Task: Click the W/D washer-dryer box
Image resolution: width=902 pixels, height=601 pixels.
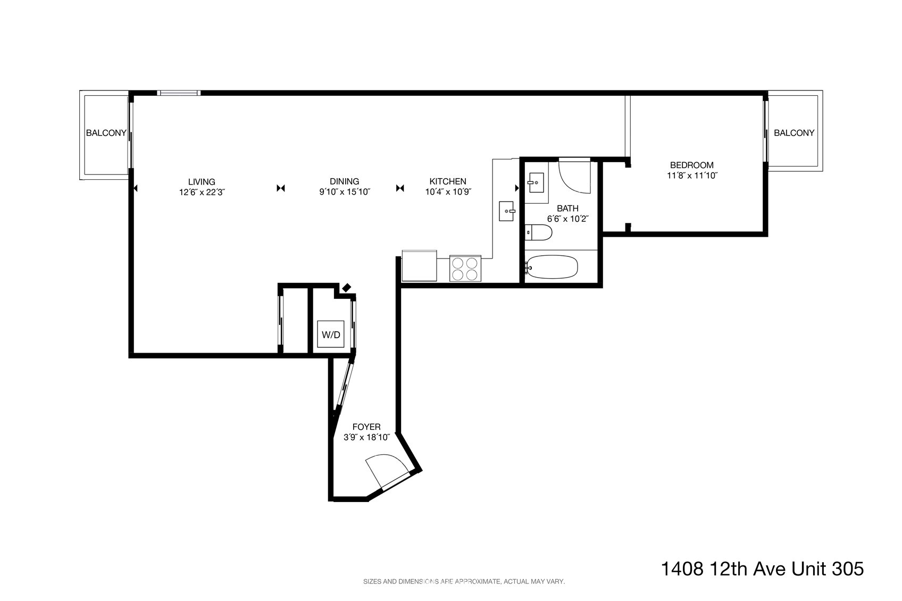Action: click(x=331, y=334)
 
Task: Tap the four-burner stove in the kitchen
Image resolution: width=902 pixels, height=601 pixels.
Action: click(x=465, y=268)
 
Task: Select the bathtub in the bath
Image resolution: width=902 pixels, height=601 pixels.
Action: click(x=552, y=266)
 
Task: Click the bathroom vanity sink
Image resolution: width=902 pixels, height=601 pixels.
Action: click(x=536, y=183)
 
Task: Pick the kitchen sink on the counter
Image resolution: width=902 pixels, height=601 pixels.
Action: click(x=507, y=211)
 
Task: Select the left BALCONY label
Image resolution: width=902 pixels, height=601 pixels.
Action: click(x=106, y=133)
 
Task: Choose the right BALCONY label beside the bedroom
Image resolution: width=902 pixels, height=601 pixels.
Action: click(x=794, y=133)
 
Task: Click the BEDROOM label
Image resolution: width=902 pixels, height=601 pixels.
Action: click(x=692, y=165)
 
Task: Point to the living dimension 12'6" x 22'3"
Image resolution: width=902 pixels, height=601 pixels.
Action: click(x=202, y=192)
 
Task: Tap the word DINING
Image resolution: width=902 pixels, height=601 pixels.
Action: click(x=344, y=181)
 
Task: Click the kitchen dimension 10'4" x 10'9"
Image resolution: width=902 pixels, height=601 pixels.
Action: click(x=448, y=192)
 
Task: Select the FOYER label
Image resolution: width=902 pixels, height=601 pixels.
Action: click(x=366, y=427)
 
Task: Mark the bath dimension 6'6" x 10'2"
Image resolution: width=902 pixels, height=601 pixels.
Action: click(x=568, y=219)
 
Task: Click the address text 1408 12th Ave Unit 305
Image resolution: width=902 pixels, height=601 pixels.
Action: click(x=762, y=569)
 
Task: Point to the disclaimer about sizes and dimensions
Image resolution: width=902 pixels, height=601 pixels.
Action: click(x=464, y=582)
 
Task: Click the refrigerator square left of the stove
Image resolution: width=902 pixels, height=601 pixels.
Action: click(x=419, y=265)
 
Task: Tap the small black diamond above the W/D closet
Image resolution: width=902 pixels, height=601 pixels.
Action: click(x=346, y=288)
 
